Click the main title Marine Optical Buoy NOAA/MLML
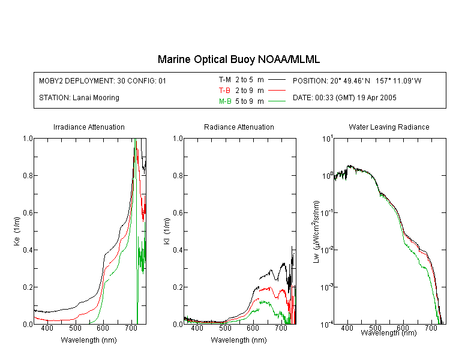coord(238,59)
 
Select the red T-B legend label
coord(224,91)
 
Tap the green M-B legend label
coord(225,101)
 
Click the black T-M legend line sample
coord(277,80)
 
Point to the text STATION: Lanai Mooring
coord(79,98)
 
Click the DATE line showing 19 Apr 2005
coord(344,98)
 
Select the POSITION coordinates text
coord(357,80)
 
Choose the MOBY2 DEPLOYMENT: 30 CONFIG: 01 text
coord(103,80)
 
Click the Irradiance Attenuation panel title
coord(89,127)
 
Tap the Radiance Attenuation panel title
coord(239,127)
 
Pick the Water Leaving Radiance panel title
coord(389,127)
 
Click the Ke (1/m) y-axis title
coord(17,231)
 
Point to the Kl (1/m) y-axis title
coord(167,231)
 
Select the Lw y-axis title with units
coord(316,232)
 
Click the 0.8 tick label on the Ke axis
coord(28,175)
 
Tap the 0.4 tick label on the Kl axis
coord(178,250)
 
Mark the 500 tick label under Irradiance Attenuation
coord(75,328)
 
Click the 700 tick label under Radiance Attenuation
coord(281,328)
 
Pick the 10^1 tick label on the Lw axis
coord(328,139)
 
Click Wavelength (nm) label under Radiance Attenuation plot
coord(239,340)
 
